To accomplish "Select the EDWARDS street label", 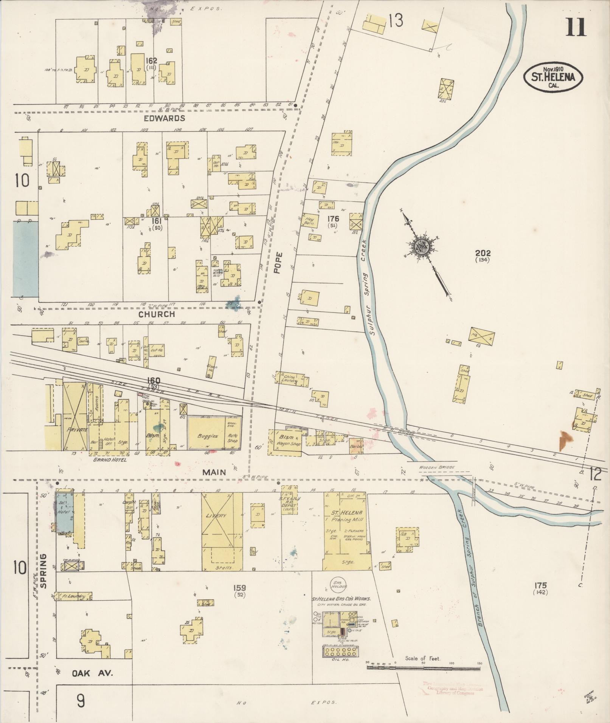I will [164, 118].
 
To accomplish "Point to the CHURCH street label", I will [156, 314].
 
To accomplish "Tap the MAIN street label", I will [214, 472].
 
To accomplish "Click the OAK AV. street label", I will [93, 673].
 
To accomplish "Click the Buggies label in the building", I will [208, 435].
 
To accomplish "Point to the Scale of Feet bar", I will [423, 668].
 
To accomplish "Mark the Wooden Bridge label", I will [437, 467].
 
